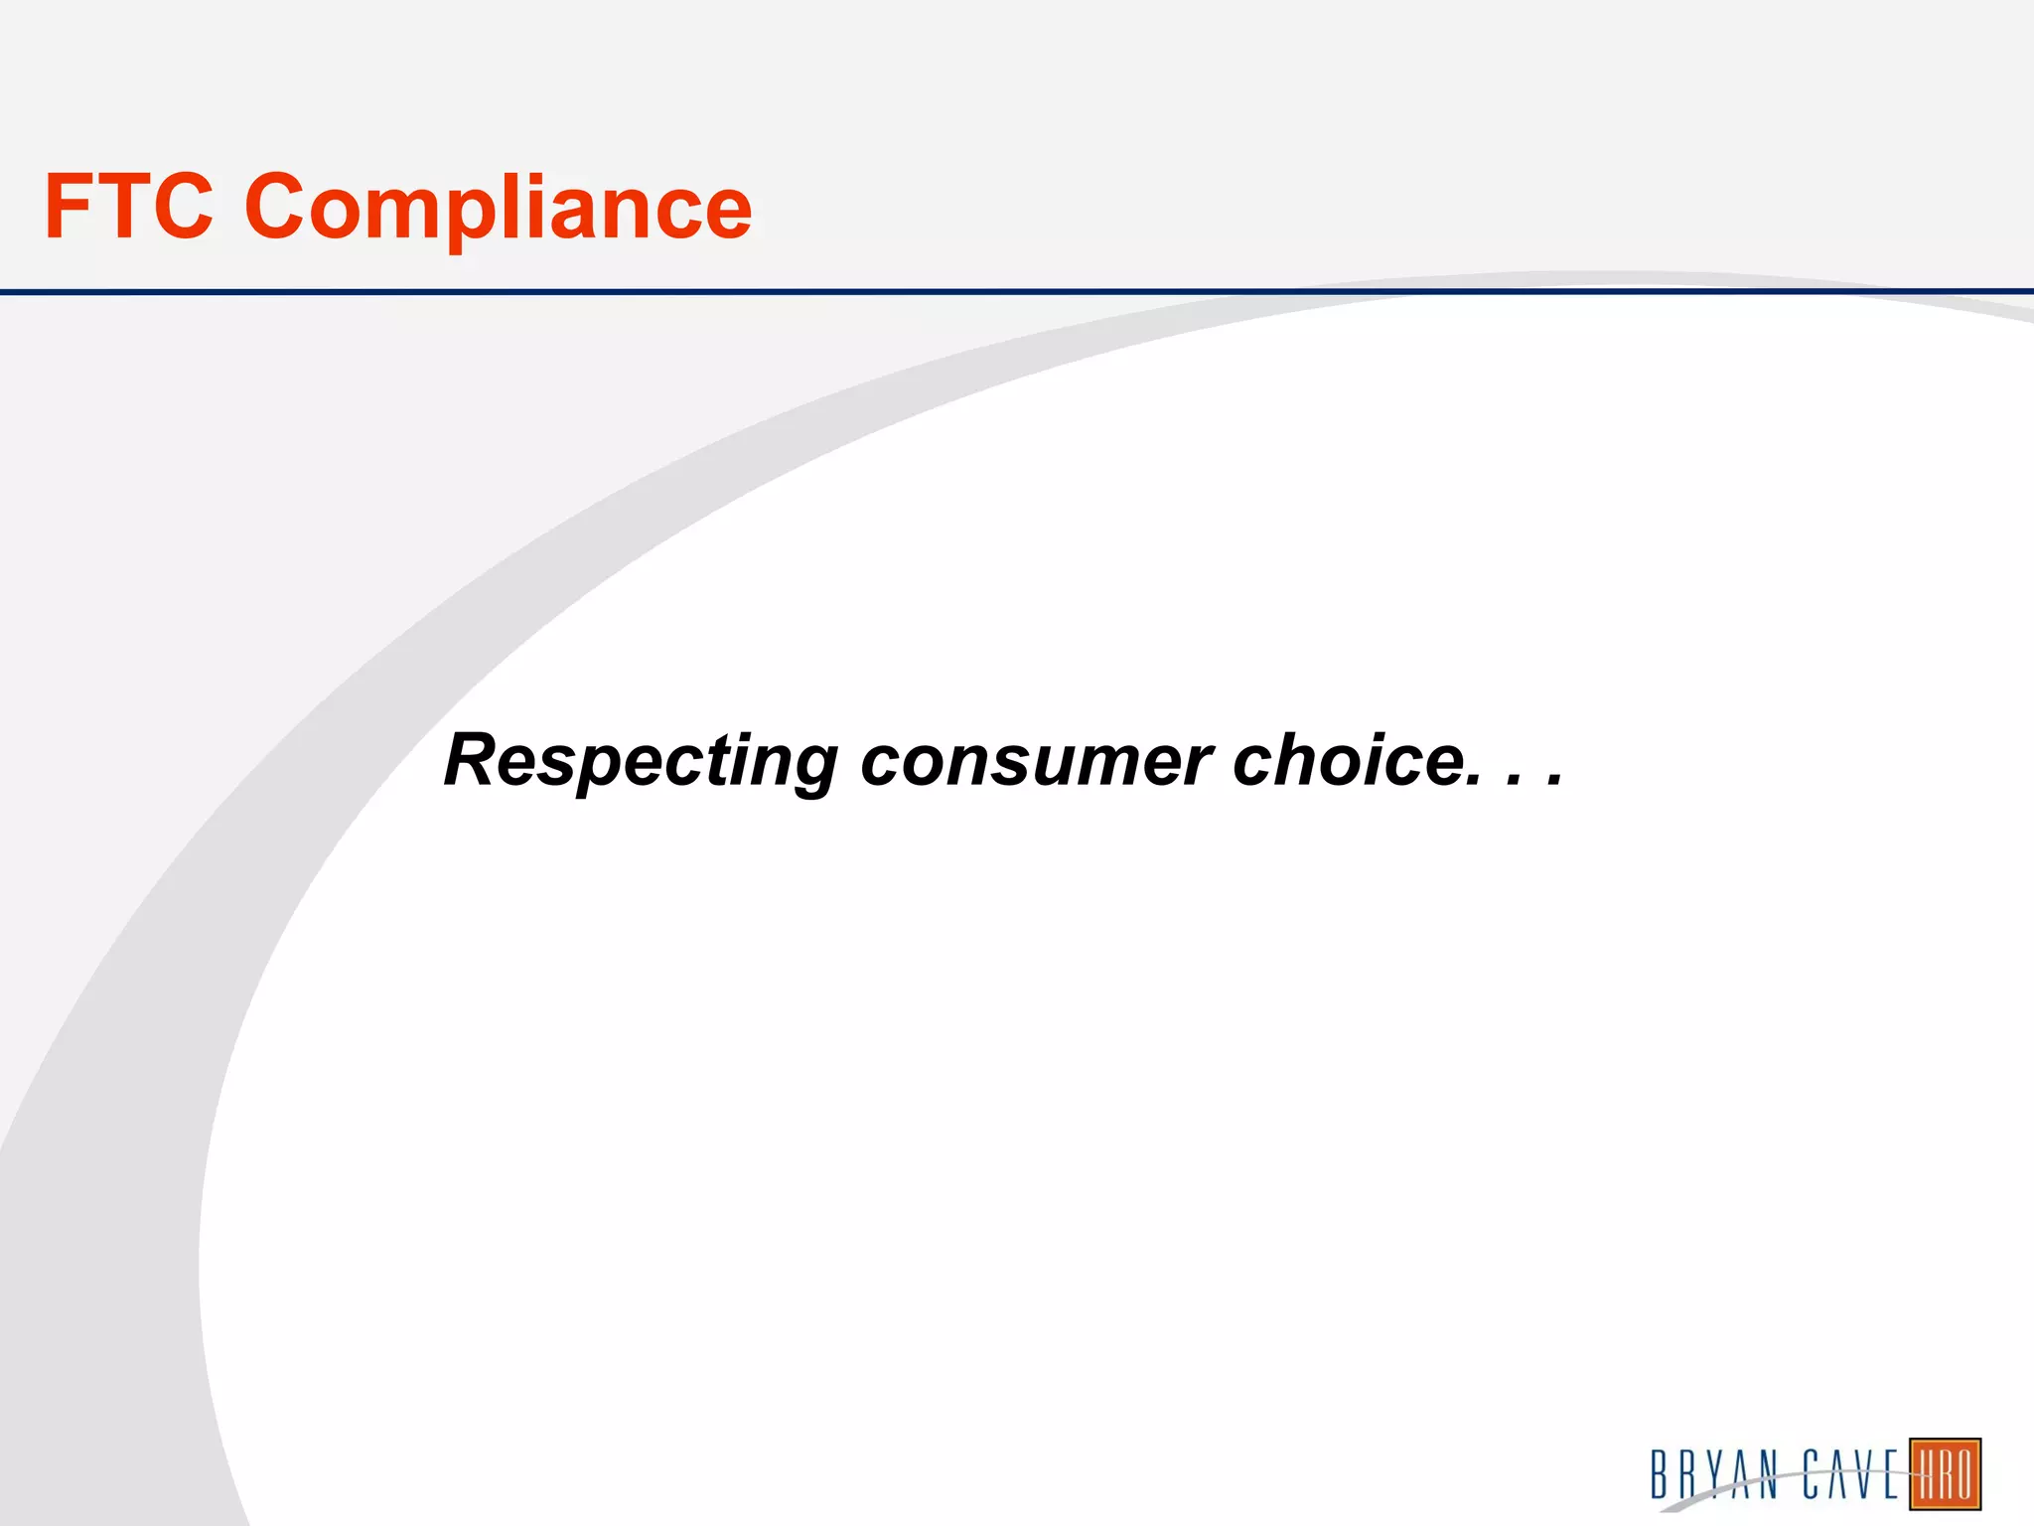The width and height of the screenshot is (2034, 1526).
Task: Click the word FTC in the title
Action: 129,207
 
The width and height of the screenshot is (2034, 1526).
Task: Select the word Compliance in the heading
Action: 499,211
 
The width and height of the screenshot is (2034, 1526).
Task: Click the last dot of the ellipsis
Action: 1554,782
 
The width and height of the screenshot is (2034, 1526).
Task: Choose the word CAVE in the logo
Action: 1851,1474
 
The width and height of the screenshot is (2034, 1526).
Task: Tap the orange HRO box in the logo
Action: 1946,1474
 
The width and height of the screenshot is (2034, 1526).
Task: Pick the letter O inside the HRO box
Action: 1965,1474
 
